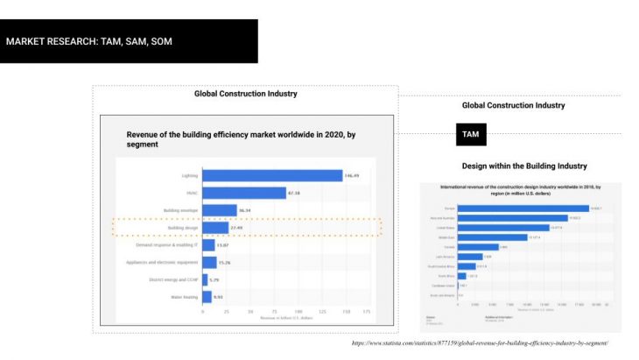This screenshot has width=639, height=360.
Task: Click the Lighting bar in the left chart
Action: pos(272,175)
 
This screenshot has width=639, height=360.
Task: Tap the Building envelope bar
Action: pos(220,210)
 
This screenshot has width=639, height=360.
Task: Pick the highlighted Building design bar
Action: pos(214,228)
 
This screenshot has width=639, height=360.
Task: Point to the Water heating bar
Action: pos(207,297)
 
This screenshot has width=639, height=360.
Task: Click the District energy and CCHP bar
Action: pos(205,279)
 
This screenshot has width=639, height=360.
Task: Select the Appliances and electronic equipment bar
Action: pos(209,262)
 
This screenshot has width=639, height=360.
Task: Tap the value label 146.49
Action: pos(353,175)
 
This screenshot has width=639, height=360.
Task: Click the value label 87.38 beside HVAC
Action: pos(294,193)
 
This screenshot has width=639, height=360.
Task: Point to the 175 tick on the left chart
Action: pos(367,312)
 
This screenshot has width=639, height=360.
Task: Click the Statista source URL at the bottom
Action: pos(479,342)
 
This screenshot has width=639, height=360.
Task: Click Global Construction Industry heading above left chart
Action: pos(245,94)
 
